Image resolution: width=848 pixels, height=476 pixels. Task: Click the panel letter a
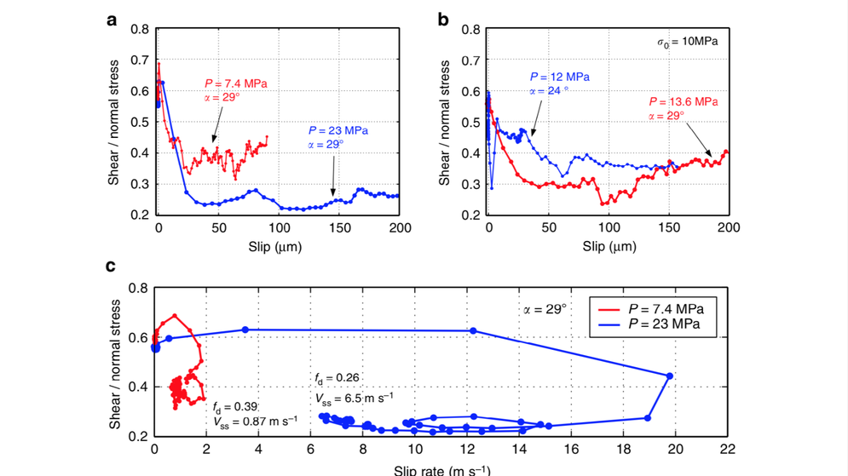coord(112,18)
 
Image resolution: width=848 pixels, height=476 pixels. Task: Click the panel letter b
coord(443,18)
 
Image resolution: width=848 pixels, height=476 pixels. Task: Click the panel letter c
coord(111,267)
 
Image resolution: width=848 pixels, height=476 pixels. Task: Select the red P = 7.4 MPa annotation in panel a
coord(236,83)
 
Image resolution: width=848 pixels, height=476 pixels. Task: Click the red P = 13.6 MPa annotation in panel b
coord(682,100)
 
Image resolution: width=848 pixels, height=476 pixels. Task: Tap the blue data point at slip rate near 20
coord(669,376)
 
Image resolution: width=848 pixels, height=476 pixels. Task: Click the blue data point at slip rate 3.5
coord(245,330)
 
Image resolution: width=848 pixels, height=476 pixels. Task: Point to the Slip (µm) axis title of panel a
coord(278,247)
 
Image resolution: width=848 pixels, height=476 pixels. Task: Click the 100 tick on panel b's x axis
coord(607,228)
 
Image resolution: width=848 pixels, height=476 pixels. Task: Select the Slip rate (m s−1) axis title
coord(441,469)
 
